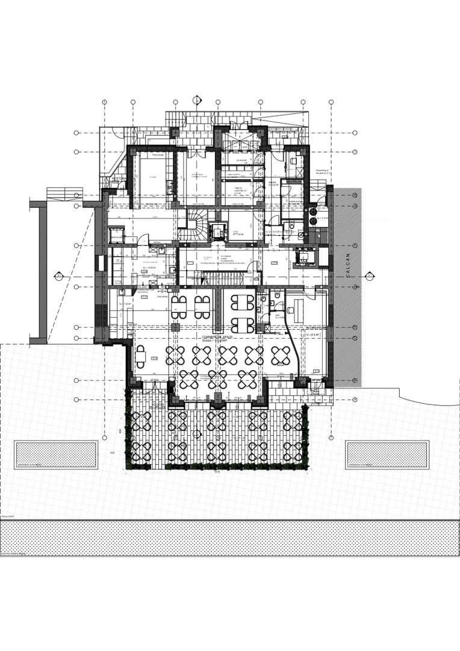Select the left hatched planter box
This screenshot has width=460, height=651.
55,455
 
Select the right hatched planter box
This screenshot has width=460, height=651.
387,455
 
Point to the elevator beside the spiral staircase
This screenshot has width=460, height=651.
216,230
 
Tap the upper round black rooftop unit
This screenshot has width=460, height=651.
312,212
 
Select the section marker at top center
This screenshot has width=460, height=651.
196,99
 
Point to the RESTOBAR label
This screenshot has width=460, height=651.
119,178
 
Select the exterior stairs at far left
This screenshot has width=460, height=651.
64,193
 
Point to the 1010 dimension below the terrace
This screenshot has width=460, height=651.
215,473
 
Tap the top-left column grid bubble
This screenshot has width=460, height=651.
104,101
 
